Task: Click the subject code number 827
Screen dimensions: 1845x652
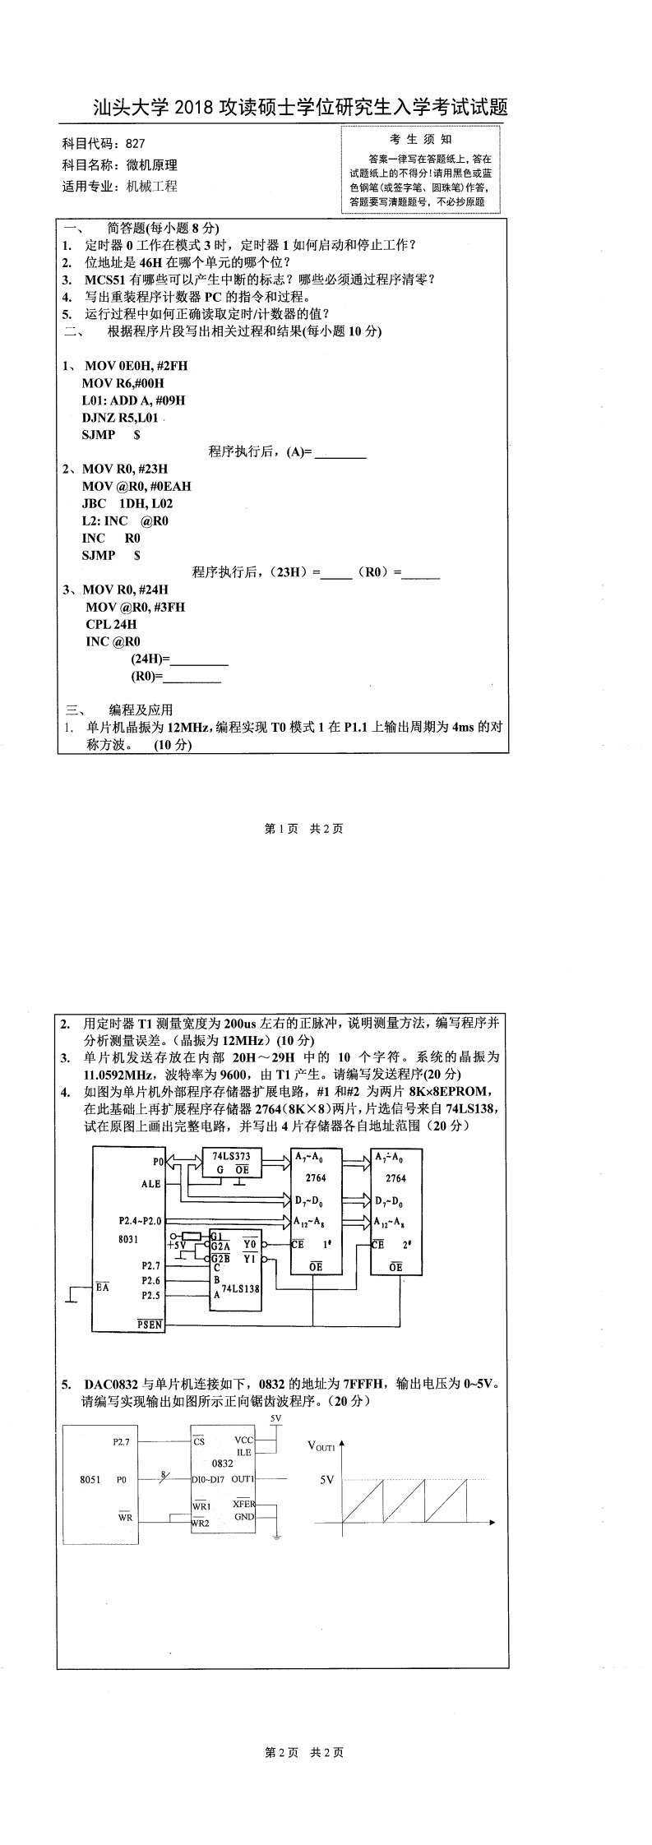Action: (x=136, y=143)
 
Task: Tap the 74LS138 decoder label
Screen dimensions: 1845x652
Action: (x=242, y=1288)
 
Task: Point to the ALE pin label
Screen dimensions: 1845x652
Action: (x=150, y=1184)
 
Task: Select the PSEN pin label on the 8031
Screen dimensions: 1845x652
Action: (x=150, y=1325)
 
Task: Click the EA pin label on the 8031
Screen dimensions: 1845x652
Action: (x=102, y=1286)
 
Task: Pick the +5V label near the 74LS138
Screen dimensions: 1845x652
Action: (x=177, y=1246)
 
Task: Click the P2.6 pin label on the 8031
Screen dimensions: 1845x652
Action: (x=150, y=1280)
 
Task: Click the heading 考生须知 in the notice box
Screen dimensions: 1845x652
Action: (x=420, y=140)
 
